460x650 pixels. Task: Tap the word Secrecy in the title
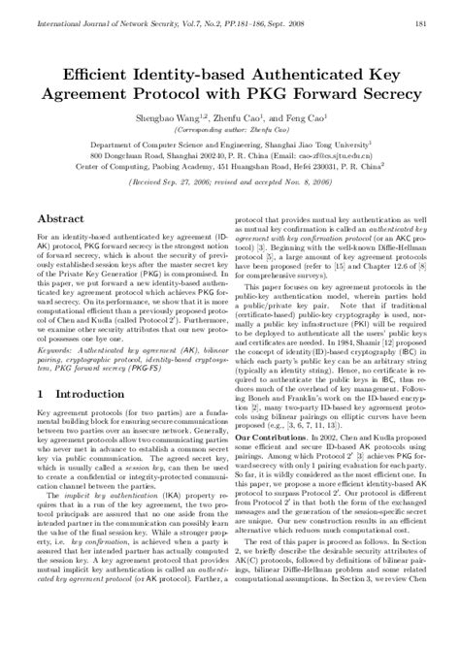click(x=388, y=95)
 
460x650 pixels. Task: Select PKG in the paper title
click(x=249, y=95)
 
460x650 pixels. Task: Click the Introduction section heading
click(x=82, y=423)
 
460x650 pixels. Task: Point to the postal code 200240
click(x=195, y=153)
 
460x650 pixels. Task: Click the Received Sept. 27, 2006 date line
click(x=228, y=179)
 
